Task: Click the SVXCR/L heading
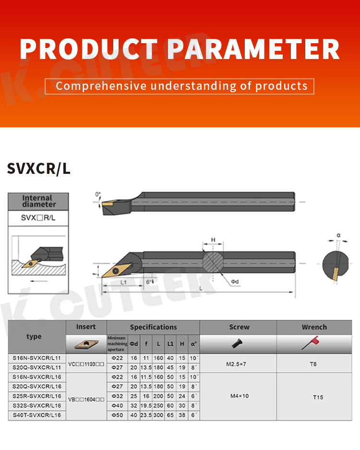pyautogui.click(x=38, y=169)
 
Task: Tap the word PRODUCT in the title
pyautogui.click(x=89, y=49)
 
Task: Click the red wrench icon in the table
pyautogui.click(x=310, y=343)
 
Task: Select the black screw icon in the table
pyautogui.click(x=237, y=343)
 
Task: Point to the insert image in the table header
pyautogui.click(x=86, y=344)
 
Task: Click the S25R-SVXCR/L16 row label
pyautogui.click(x=37, y=396)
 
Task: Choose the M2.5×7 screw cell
pyautogui.click(x=236, y=364)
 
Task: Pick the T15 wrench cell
pyautogui.click(x=318, y=397)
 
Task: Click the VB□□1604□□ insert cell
pyautogui.click(x=86, y=399)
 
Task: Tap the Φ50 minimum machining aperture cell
pyautogui.click(x=117, y=415)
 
